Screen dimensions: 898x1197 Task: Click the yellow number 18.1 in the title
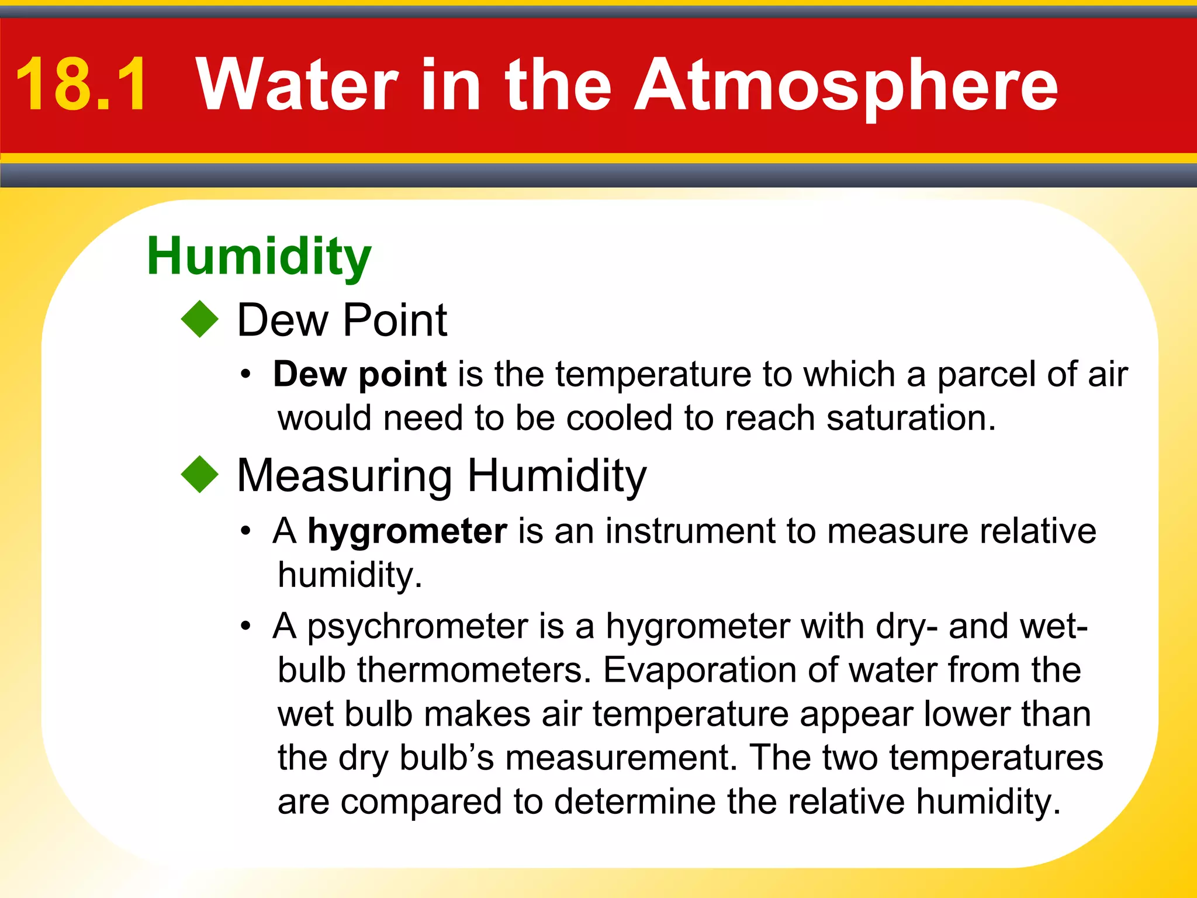pos(82,85)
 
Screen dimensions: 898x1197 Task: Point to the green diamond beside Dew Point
pos(199,319)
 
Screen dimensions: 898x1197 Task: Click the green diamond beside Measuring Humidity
pos(199,474)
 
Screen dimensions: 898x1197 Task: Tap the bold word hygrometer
pos(407,531)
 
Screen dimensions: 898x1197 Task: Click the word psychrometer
pos(418,627)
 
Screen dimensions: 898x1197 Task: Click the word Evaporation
pos(699,670)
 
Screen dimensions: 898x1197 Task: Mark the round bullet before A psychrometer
pos(246,627)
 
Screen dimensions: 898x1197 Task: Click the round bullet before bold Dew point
pos(246,374)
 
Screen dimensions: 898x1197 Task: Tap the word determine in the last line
pos(635,802)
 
